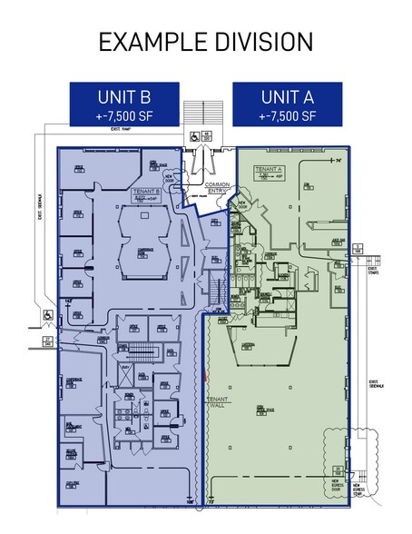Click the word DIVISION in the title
pos(252,43)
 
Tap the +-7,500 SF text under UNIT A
pos(288,115)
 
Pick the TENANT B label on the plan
pos(147,192)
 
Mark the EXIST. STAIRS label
pos(373,269)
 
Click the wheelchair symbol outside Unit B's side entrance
pos(47,315)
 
